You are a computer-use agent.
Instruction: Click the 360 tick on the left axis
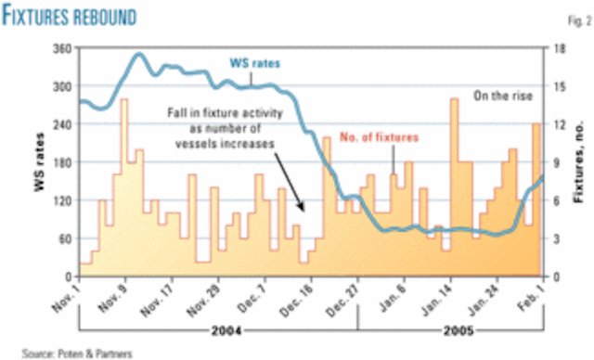(x=62, y=48)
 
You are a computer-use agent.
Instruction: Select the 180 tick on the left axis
(x=62, y=162)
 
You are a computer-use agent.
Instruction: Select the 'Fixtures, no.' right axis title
(x=581, y=163)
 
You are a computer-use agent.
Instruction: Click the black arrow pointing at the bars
(x=296, y=189)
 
